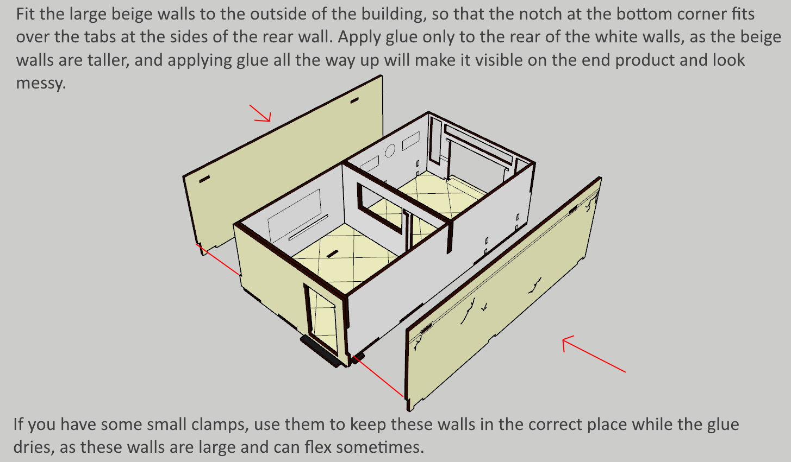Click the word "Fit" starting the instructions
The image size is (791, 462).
(26, 14)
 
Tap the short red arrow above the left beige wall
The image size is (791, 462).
(260, 113)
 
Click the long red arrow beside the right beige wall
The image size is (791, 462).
(594, 354)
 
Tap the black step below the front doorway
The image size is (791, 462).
(320, 351)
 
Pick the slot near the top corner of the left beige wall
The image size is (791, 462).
(354, 100)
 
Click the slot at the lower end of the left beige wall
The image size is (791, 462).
(204, 179)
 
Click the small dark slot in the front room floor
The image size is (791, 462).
(332, 254)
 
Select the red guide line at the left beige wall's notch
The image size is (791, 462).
(217, 259)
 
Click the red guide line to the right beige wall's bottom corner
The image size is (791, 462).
(378, 376)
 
